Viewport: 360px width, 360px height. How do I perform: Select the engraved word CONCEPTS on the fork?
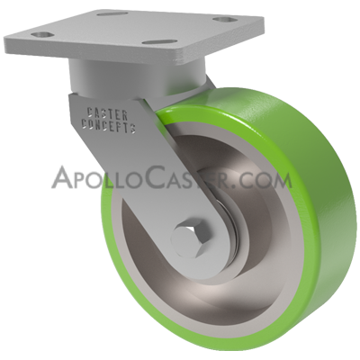pyautogui.click(x=110, y=128)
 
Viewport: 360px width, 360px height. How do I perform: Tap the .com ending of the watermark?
pyautogui.click(x=269, y=178)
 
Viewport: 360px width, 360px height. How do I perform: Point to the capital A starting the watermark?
pyautogui.click(x=65, y=176)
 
